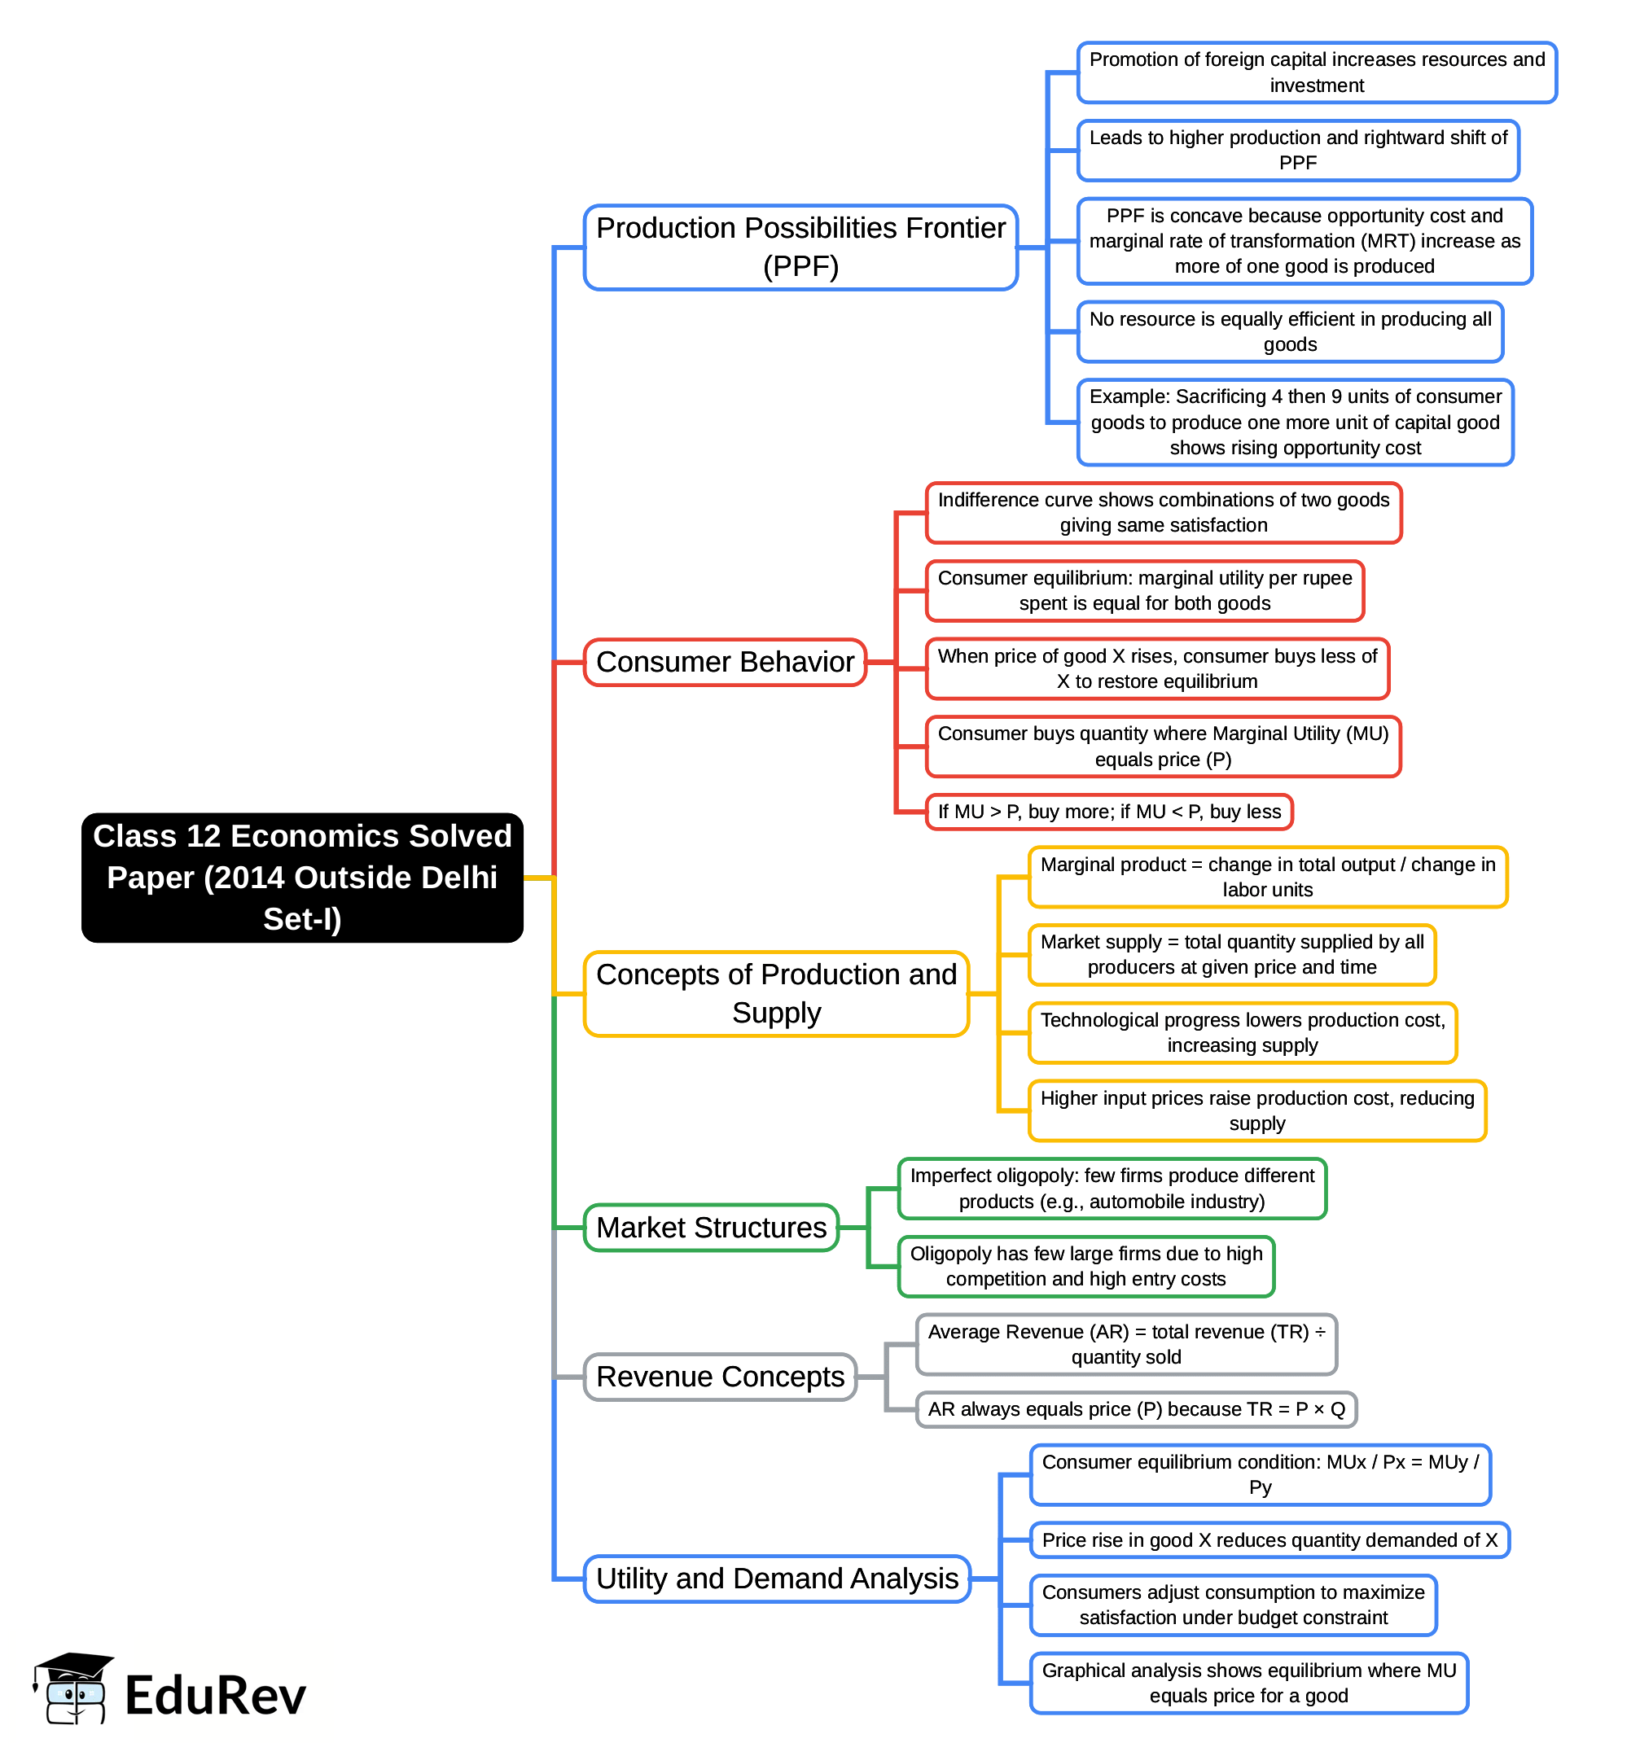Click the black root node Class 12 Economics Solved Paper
click(302, 877)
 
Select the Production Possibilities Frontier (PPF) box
click(800, 247)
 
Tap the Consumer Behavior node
click(725, 662)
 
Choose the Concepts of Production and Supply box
click(776, 994)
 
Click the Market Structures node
click(712, 1227)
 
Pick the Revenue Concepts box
click(720, 1376)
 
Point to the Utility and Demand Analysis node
click(777, 1578)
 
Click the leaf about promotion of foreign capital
click(1317, 72)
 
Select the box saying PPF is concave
click(1305, 241)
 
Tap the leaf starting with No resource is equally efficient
click(1290, 331)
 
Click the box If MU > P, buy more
click(1109, 812)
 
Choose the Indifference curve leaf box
click(1163, 512)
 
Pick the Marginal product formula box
click(1267, 877)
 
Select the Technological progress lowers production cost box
click(1243, 1032)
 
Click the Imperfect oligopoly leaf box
click(1112, 1188)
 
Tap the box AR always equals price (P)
click(1136, 1409)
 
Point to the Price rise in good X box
click(1269, 1539)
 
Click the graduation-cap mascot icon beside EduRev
click(72, 1688)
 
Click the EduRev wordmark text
click(216, 1695)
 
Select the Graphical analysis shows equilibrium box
click(1248, 1683)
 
